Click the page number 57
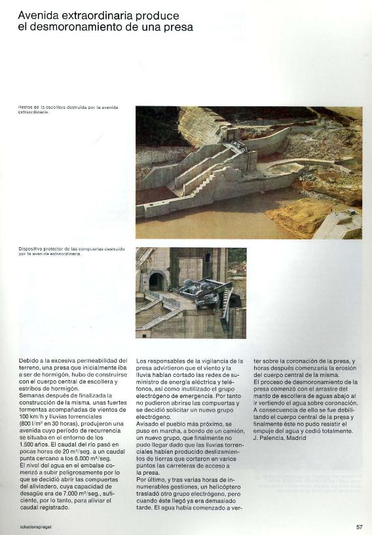click(x=359, y=526)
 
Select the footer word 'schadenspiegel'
click(x=35, y=526)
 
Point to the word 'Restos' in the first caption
click(x=26, y=107)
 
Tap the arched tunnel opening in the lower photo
click(x=157, y=281)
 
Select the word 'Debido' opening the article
click(x=31, y=361)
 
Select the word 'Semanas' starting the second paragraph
click(x=35, y=395)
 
